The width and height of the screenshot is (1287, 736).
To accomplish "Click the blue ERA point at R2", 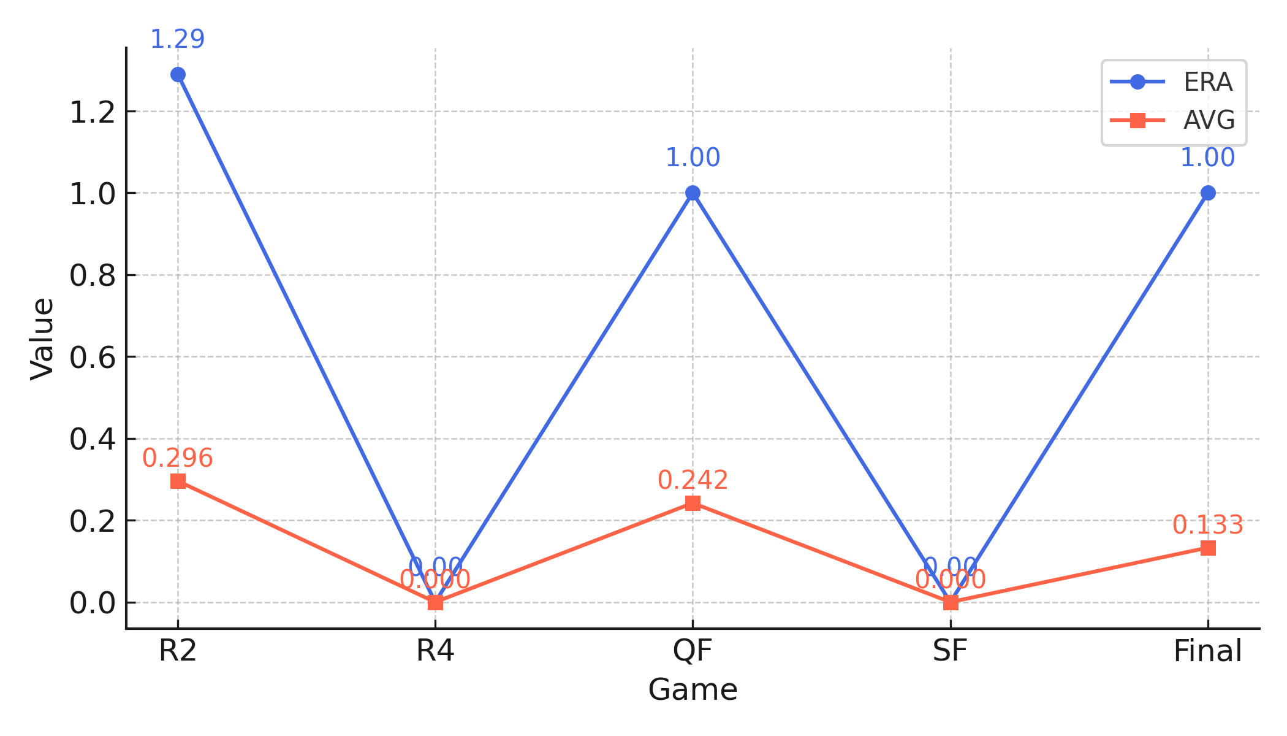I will pyautogui.click(x=178, y=75).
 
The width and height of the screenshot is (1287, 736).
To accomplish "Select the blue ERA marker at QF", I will pyautogui.click(x=693, y=193).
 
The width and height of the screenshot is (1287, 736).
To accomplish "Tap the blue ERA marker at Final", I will pyautogui.click(x=1208, y=193).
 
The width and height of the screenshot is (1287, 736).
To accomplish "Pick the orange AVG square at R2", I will pyautogui.click(x=178, y=481).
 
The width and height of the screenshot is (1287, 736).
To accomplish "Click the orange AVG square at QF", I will pyautogui.click(x=693, y=504).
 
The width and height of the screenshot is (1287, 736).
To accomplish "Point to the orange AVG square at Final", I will pyautogui.click(x=1208, y=548).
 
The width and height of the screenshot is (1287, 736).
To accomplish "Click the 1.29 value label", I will pyautogui.click(x=178, y=40).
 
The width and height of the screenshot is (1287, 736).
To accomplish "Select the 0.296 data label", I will pyautogui.click(x=178, y=458).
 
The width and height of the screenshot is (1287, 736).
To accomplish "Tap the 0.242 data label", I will pyautogui.click(x=693, y=480).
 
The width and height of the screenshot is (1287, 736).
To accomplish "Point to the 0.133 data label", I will pyautogui.click(x=1208, y=525).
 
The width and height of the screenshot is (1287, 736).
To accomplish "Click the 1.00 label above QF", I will pyautogui.click(x=693, y=158).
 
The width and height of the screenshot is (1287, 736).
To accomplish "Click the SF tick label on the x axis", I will pyautogui.click(x=950, y=651).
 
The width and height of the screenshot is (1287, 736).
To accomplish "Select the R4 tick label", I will pyautogui.click(x=435, y=651).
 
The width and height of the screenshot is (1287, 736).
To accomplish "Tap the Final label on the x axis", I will pyautogui.click(x=1207, y=651).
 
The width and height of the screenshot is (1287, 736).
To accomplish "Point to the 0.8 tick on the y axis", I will pyautogui.click(x=93, y=275).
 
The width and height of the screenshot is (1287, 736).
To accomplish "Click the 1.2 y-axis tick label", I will pyautogui.click(x=93, y=112).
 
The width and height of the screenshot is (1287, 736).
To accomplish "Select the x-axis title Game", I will pyautogui.click(x=693, y=690).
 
